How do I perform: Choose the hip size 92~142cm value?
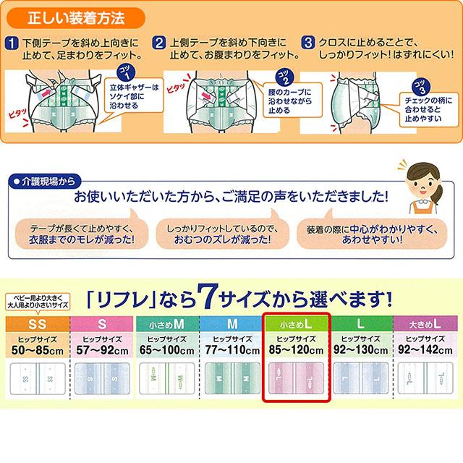pyautogui.click(x=424, y=348)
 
